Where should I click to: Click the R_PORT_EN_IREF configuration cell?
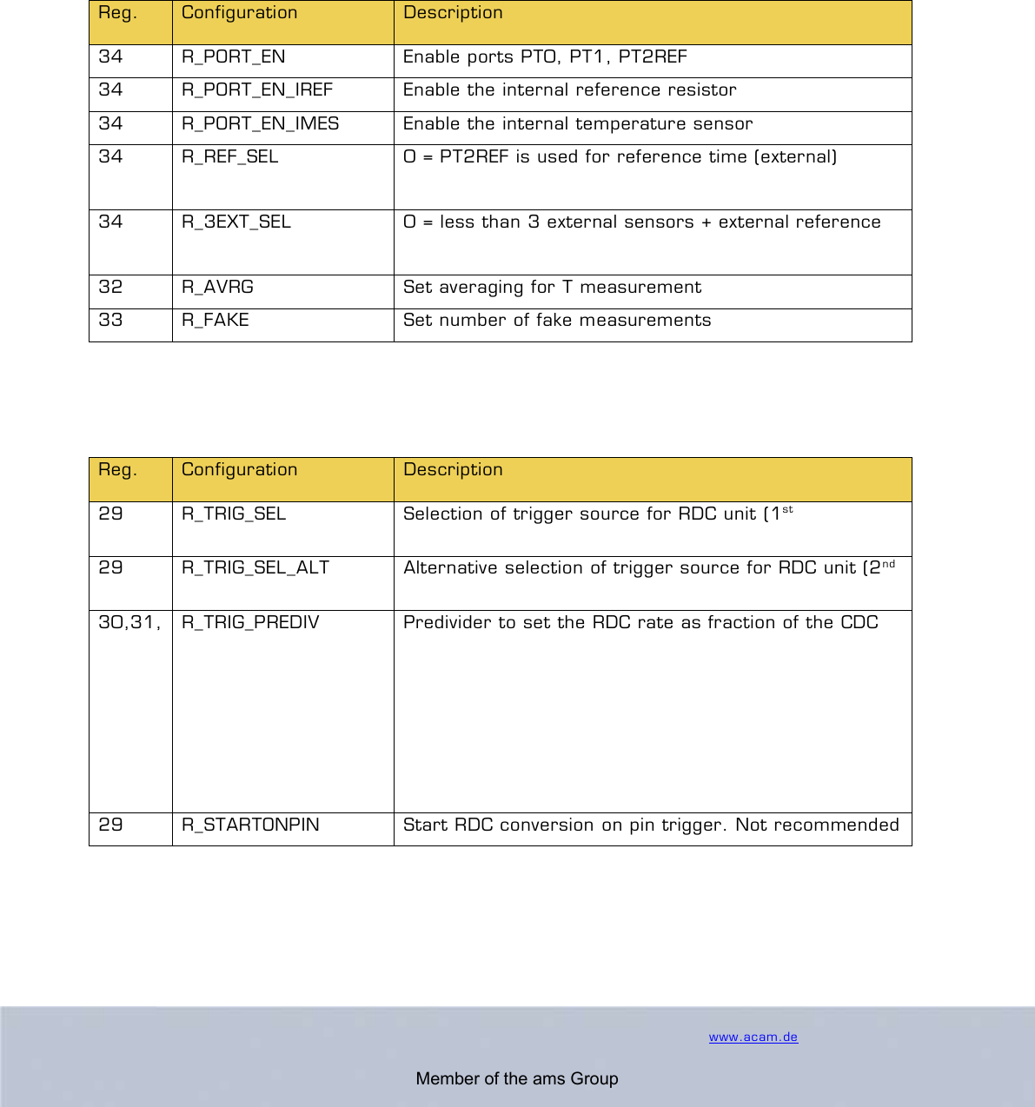tap(257, 90)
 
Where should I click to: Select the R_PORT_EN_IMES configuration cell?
tap(260, 124)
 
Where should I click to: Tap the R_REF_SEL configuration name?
tap(229, 157)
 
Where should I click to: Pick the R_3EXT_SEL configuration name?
tap(236, 222)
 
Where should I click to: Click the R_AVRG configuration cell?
tap(217, 288)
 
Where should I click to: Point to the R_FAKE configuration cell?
tap(216, 321)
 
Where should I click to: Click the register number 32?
tap(110, 288)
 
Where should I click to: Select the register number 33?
tap(110, 321)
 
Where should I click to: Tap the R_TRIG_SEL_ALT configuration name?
tap(255, 568)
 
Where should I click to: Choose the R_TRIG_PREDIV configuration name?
tap(250, 623)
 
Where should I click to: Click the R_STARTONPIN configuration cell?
tap(250, 825)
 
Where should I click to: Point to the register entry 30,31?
tap(129, 623)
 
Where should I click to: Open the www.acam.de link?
tap(753, 1037)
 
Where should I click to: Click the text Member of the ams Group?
tap(517, 1079)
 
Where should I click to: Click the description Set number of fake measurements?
tap(557, 321)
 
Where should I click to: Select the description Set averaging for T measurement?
tap(552, 288)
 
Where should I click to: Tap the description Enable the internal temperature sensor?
tap(578, 124)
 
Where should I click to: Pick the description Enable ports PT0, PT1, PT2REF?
tap(545, 57)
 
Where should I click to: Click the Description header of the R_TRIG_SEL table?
tap(453, 470)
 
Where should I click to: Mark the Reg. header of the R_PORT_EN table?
tap(117, 13)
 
